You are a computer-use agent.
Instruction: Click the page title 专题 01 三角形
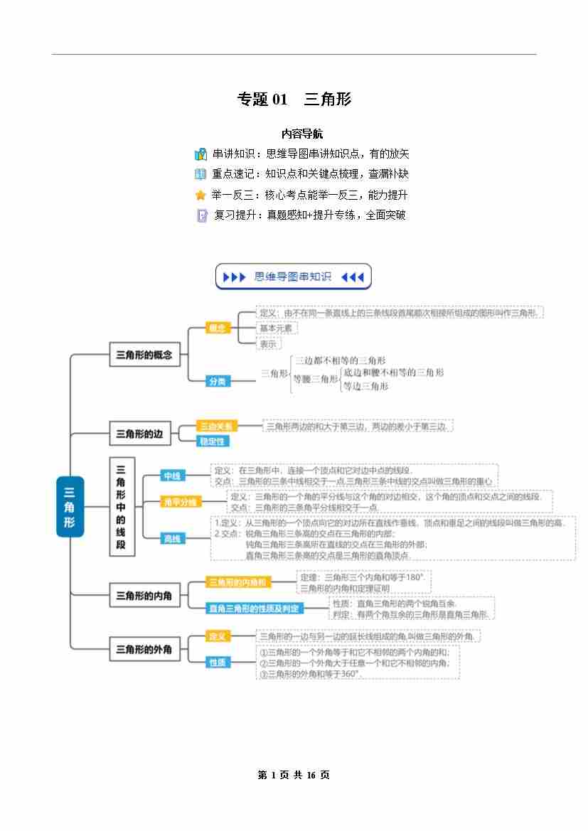294,100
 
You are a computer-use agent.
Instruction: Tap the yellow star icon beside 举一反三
201,195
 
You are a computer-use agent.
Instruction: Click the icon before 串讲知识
201,154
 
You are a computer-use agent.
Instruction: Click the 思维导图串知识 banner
293,277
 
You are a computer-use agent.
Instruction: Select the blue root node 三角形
70,506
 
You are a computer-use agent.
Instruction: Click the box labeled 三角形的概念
144,354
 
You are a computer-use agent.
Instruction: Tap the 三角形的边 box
140,433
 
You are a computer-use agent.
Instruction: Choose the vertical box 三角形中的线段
121,506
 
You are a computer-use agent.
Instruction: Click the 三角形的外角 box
144,648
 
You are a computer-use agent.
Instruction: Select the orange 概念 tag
218,328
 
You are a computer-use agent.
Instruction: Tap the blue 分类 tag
218,382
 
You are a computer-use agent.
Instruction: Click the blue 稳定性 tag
213,441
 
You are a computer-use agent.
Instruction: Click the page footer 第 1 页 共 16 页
294,775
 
